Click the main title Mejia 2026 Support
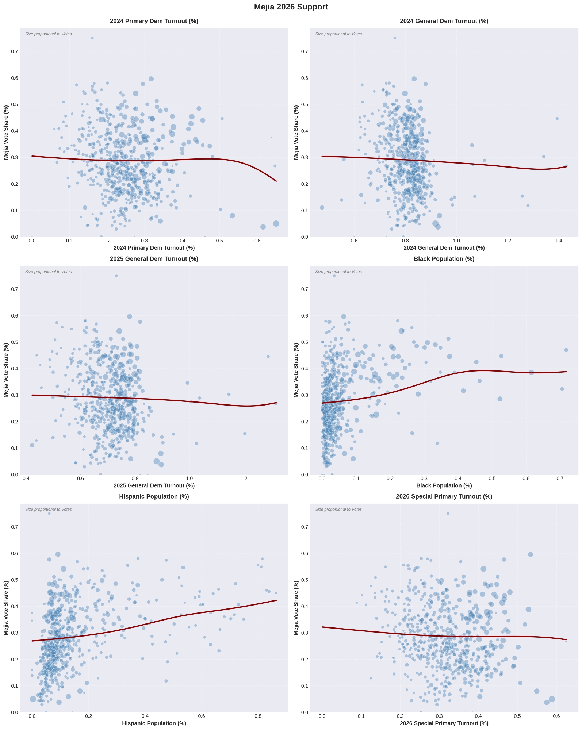[291, 7]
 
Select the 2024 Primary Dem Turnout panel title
[154, 21]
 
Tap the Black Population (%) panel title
[444, 259]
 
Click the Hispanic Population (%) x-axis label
[154, 723]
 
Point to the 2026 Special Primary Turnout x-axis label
[444, 723]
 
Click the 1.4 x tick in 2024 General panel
[559, 241]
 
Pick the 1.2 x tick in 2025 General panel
[244, 479]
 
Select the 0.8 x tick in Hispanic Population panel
[258, 716]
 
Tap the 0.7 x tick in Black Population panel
[560, 479]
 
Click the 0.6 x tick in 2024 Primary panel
[257, 241]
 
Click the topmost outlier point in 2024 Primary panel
[92, 38]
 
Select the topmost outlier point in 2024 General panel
[394, 38]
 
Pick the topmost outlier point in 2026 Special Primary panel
[448, 514]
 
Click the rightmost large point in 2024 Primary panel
[276, 223]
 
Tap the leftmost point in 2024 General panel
[322, 208]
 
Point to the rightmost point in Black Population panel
[566, 350]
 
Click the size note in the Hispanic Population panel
[49, 510]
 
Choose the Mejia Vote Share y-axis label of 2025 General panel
[6, 370]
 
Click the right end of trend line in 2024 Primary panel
[276, 181]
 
